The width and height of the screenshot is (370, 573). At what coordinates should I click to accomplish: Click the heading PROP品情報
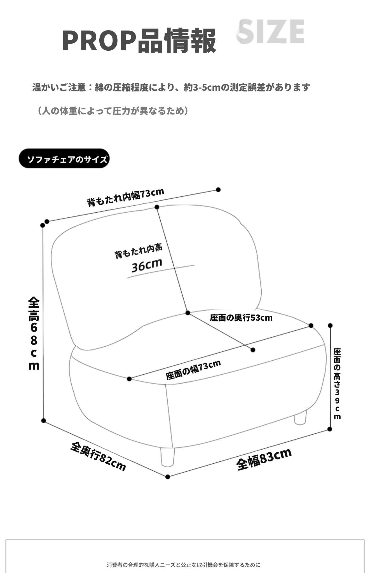click(139, 41)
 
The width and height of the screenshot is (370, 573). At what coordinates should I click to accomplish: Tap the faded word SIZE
click(271, 31)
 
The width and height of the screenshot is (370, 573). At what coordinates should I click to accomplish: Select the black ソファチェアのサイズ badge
click(64, 158)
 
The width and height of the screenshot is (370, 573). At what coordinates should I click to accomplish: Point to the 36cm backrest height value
click(147, 265)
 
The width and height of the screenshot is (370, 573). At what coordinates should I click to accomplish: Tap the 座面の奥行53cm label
click(241, 318)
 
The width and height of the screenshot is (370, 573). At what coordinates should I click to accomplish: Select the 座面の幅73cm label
click(193, 370)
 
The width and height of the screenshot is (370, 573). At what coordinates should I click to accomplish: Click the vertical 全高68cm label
click(34, 333)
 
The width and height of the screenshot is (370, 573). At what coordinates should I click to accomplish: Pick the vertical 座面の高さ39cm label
click(337, 384)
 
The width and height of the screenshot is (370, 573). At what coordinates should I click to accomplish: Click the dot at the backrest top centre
click(157, 207)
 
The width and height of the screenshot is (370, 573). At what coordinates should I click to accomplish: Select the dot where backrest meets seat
click(188, 313)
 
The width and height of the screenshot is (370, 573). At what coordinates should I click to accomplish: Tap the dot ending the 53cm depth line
click(253, 350)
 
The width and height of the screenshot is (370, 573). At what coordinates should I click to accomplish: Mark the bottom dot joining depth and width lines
click(168, 477)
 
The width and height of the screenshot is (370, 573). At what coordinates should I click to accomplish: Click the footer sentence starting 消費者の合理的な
click(183, 565)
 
